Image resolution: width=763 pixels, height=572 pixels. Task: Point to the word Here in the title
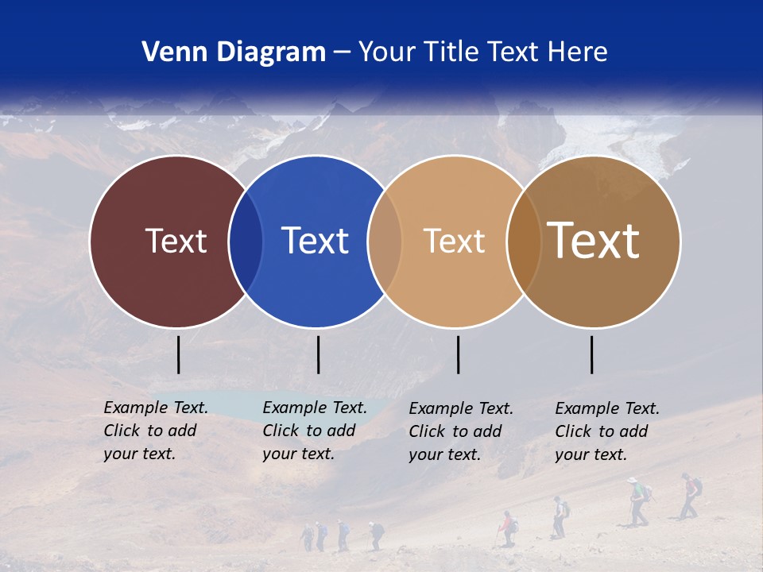pyautogui.click(x=579, y=52)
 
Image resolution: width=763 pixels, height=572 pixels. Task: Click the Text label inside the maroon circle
pyautogui.click(x=176, y=241)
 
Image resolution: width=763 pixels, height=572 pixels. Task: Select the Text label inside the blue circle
pyautogui.click(x=315, y=241)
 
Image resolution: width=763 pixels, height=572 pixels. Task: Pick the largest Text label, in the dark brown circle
pyautogui.click(x=594, y=240)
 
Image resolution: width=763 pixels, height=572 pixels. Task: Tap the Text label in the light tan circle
pyautogui.click(x=454, y=241)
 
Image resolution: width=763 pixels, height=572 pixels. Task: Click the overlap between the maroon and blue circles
pyautogui.click(x=246, y=241)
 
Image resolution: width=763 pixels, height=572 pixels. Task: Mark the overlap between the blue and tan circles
pyautogui.click(x=385, y=241)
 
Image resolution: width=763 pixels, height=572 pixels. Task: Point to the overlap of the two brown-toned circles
pyautogui.click(x=524, y=241)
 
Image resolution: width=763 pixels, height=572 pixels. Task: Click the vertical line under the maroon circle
pyautogui.click(x=179, y=354)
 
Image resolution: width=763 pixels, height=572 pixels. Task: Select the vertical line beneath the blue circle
pyautogui.click(x=318, y=354)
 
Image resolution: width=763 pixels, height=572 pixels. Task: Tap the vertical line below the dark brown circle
pyautogui.click(x=592, y=354)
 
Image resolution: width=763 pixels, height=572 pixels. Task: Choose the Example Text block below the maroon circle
pyautogui.click(x=155, y=431)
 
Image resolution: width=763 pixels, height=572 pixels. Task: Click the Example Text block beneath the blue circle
pyautogui.click(x=314, y=431)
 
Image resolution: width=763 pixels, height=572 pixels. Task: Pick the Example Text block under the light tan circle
pyautogui.click(x=460, y=431)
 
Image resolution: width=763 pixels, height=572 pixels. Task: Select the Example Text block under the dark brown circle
pyautogui.click(x=606, y=431)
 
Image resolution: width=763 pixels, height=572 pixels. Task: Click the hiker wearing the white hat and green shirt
pyautogui.click(x=637, y=500)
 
